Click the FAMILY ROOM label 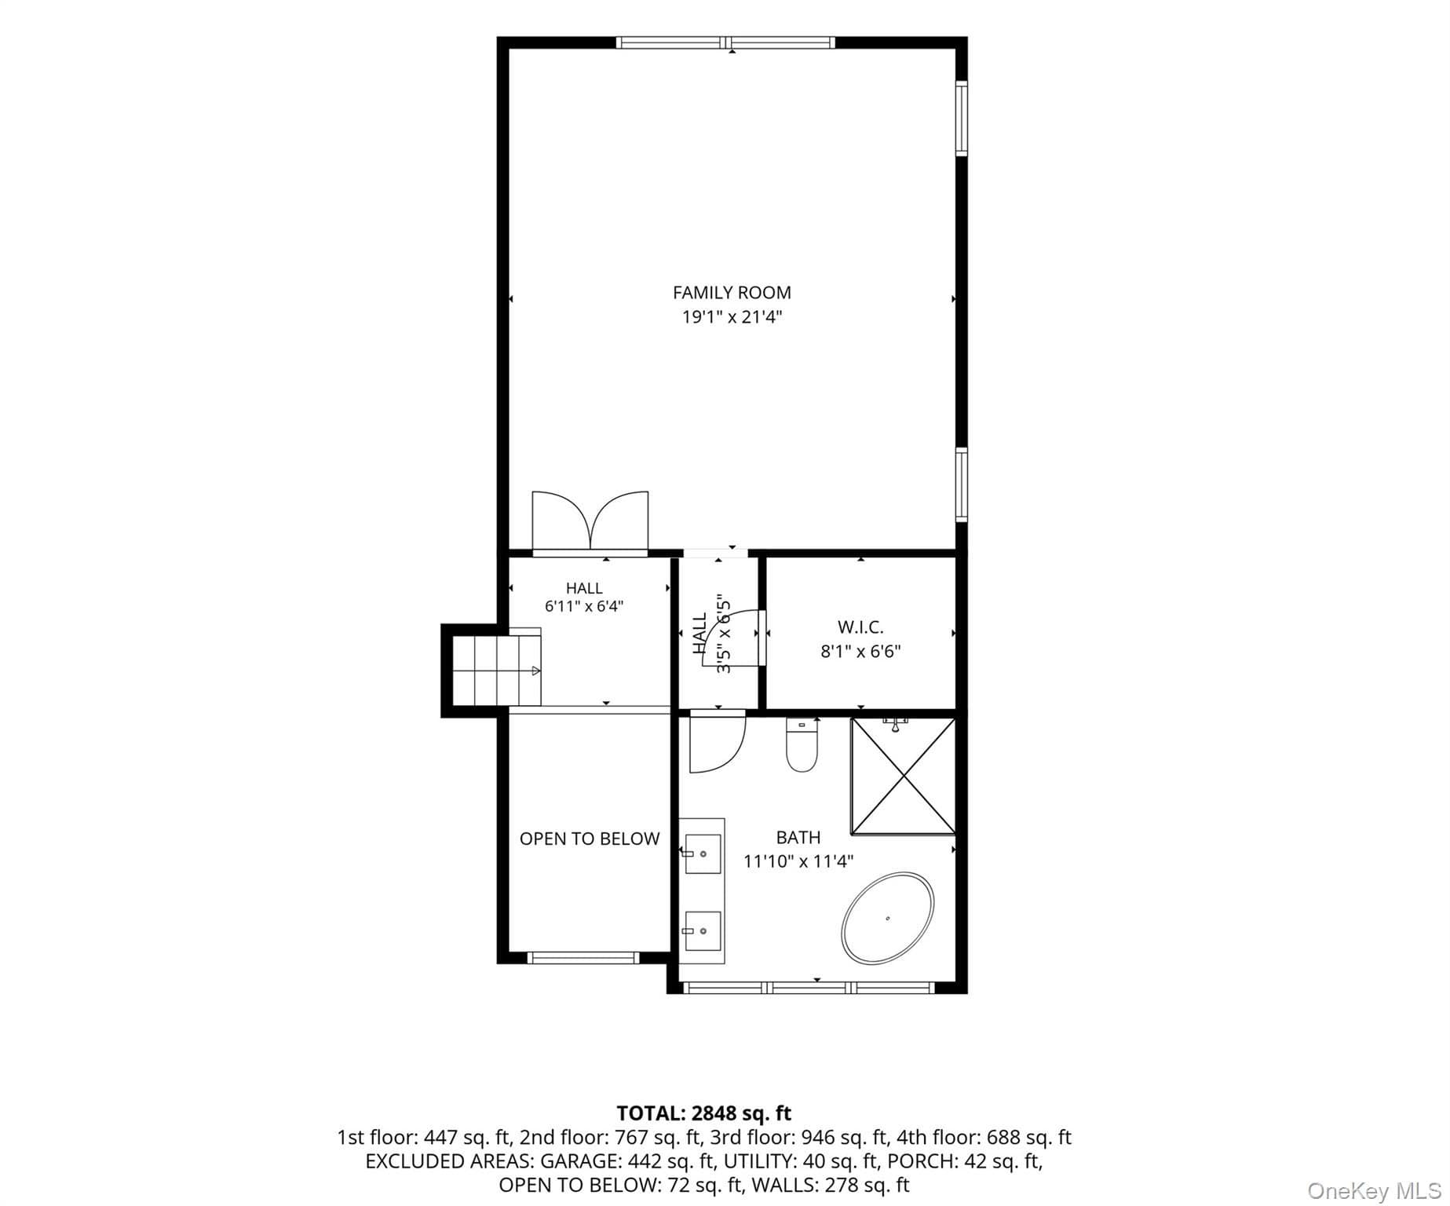pyautogui.click(x=732, y=293)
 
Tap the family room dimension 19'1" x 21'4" pyautogui.click(x=732, y=318)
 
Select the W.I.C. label pyautogui.click(x=860, y=627)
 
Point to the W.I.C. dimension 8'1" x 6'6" pyautogui.click(x=860, y=652)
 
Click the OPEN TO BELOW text pyautogui.click(x=590, y=839)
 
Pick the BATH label pyautogui.click(x=798, y=838)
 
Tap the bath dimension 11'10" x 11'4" pyautogui.click(x=798, y=861)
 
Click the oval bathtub pyautogui.click(x=888, y=917)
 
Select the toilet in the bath pyautogui.click(x=802, y=745)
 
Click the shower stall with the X pyautogui.click(x=904, y=776)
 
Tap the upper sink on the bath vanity pyautogui.click(x=703, y=853)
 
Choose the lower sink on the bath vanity pyautogui.click(x=703, y=930)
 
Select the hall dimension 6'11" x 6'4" pyautogui.click(x=584, y=606)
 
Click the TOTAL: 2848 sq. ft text pyautogui.click(x=704, y=1113)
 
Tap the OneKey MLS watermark pyautogui.click(x=1374, y=1191)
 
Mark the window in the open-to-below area pyautogui.click(x=583, y=957)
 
